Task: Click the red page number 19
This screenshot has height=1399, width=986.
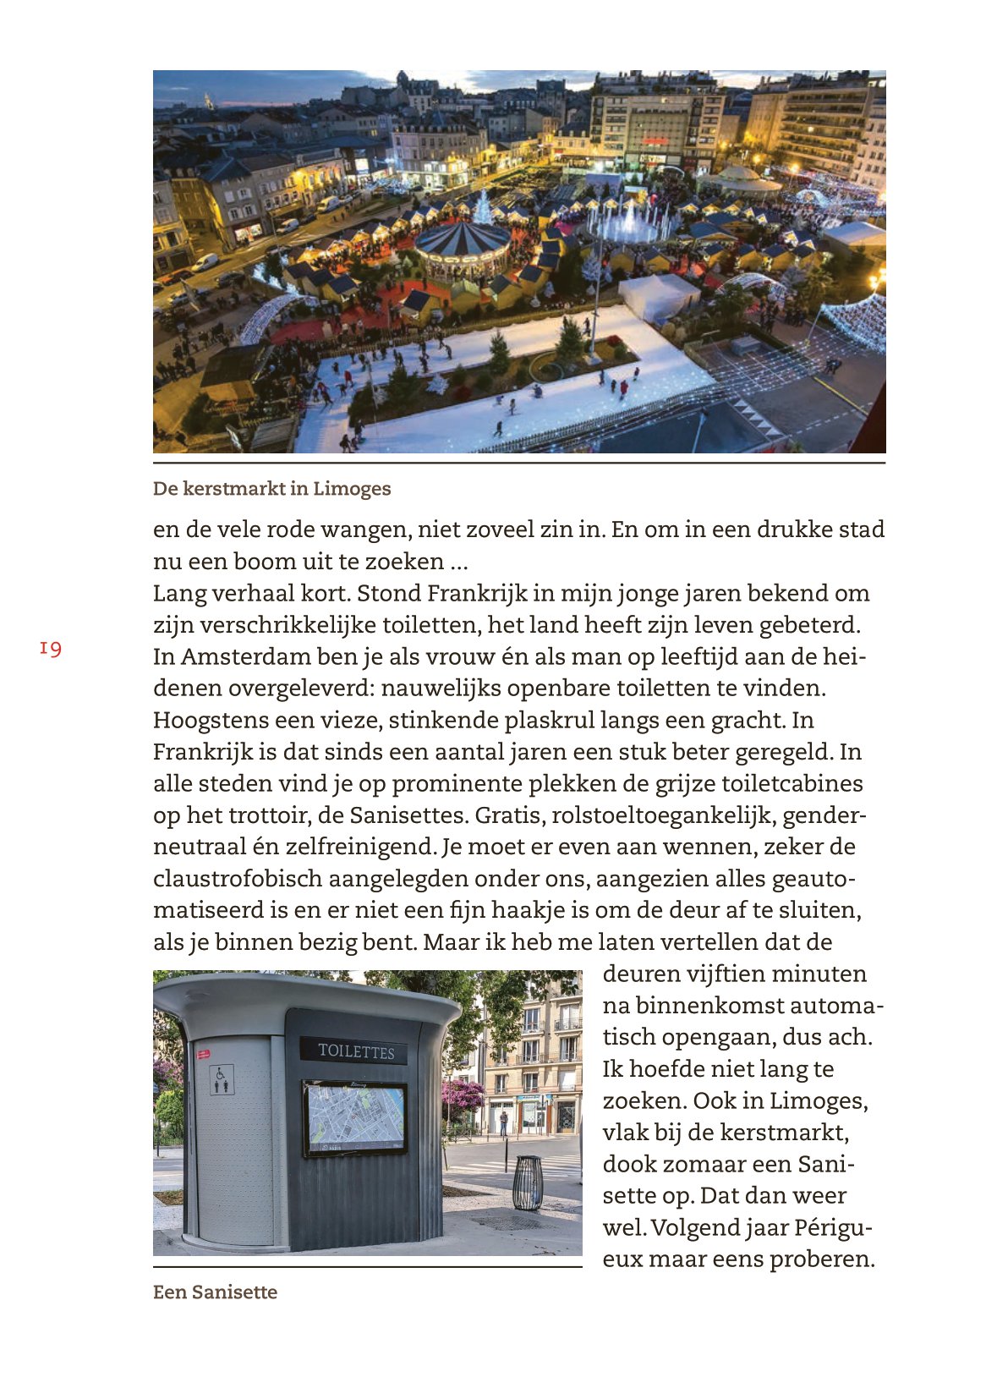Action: (x=51, y=649)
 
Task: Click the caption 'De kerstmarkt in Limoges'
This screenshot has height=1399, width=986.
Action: (x=271, y=489)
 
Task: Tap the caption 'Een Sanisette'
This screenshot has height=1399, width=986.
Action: (x=215, y=1292)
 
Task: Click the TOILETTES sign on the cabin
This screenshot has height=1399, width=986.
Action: (x=355, y=1051)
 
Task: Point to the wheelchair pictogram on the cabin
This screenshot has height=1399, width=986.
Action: (x=222, y=1079)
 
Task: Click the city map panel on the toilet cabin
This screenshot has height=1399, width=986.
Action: (x=355, y=1118)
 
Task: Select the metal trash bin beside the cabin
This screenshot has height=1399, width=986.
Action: (x=528, y=1182)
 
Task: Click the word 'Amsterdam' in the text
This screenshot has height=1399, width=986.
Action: (x=244, y=657)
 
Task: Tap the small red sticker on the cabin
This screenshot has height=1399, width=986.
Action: (x=203, y=1054)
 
